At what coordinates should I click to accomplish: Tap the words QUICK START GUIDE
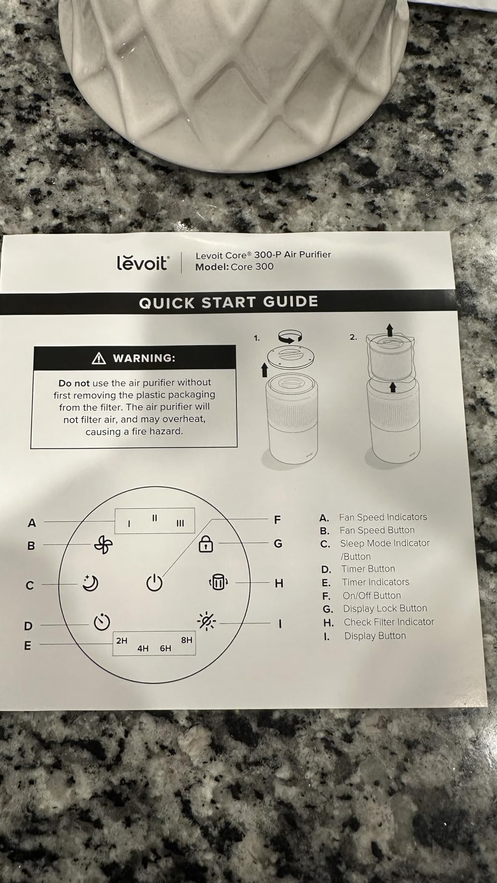tap(228, 302)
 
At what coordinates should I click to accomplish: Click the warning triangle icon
tap(99, 358)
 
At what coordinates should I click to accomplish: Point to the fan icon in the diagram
tap(103, 545)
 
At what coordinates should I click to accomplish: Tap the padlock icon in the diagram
tap(206, 543)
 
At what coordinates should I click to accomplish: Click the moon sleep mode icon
tap(90, 583)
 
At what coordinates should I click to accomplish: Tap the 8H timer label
tap(187, 640)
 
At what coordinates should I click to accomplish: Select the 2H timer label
tap(121, 640)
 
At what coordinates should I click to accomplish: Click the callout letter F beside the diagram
tap(277, 519)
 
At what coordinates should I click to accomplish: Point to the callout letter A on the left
tap(32, 523)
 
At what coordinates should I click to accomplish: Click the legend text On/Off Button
tap(372, 595)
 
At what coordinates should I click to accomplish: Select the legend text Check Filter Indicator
tap(389, 622)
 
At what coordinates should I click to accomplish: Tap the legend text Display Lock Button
tap(385, 608)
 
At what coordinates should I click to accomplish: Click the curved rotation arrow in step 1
tap(290, 336)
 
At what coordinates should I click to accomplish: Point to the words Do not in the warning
tap(74, 383)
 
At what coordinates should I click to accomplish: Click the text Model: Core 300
tap(234, 267)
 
